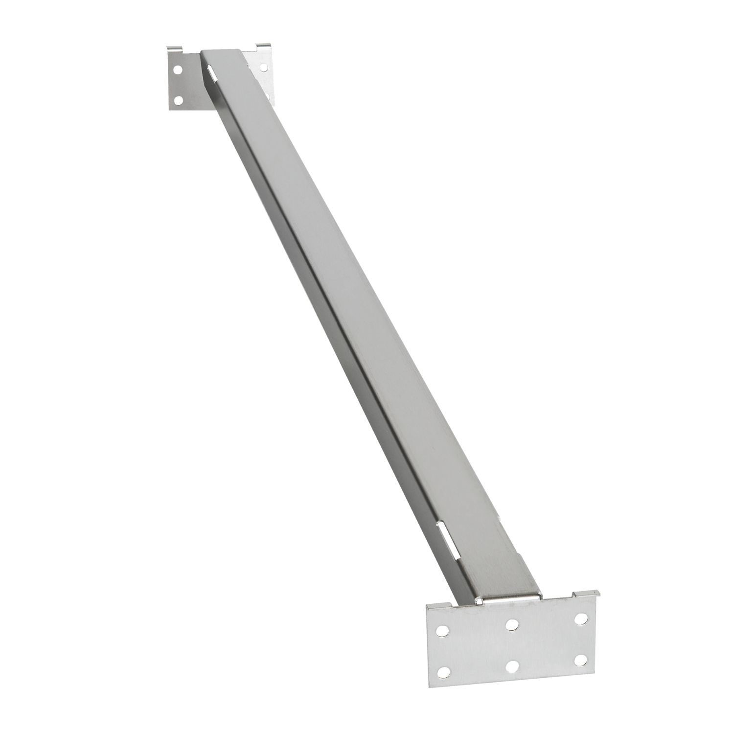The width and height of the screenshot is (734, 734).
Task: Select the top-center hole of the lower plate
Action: (512, 624)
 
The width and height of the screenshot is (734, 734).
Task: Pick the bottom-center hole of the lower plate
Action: (512, 666)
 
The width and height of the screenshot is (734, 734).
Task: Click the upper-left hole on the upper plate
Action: (178, 70)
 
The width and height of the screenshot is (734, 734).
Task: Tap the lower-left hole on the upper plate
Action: (178, 100)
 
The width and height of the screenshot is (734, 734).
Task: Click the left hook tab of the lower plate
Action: (431, 607)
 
